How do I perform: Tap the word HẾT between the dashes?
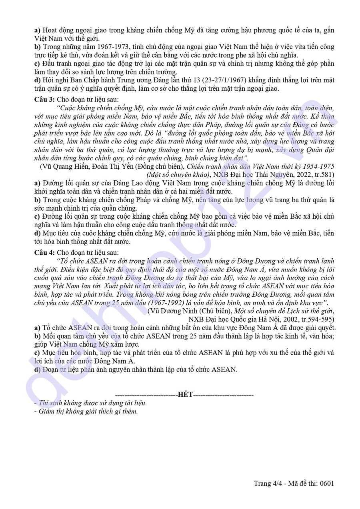point(186,395)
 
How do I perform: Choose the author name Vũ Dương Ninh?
point(170,311)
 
